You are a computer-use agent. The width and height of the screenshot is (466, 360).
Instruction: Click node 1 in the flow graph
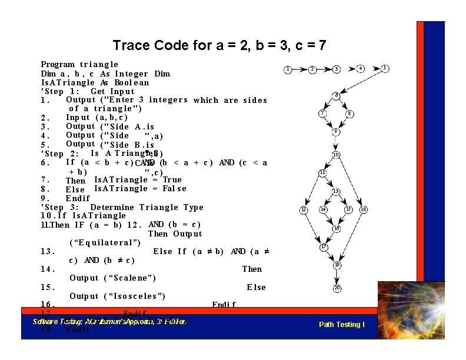click(x=288, y=69)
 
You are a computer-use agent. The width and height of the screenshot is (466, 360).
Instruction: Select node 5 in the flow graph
click(x=385, y=68)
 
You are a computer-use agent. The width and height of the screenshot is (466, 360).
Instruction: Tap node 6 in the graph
click(x=336, y=95)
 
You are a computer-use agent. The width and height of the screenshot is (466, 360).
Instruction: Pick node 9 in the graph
click(x=335, y=132)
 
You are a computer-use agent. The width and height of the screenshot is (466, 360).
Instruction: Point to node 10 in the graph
click(x=335, y=155)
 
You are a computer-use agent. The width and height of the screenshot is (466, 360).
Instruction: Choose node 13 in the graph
click(x=335, y=192)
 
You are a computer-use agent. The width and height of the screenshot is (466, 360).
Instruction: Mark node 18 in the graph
click(x=364, y=209)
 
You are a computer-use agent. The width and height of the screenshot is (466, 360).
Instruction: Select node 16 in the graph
click(x=336, y=228)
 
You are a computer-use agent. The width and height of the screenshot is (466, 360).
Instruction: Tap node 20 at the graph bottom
click(x=337, y=288)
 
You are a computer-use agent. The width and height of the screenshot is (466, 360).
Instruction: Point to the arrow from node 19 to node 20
click(x=337, y=276)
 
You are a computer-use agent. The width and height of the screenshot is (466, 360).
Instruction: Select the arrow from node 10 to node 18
click(x=351, y=181)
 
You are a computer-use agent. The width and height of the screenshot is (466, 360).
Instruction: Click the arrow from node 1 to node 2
click(x=300, y=69)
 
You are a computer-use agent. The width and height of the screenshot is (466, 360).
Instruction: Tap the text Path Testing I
click(x=341, y=325)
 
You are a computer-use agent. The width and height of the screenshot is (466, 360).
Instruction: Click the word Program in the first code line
click(x=58, y=64)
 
